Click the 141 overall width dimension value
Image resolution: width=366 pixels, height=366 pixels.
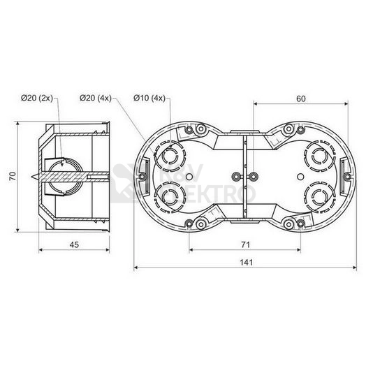247,263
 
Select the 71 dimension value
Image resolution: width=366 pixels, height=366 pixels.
246,244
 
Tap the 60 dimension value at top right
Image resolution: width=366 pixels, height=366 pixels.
301,98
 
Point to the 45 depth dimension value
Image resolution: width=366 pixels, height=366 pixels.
74,244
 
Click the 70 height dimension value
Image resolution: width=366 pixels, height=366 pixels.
13,176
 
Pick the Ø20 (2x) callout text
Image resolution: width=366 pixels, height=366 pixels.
37,98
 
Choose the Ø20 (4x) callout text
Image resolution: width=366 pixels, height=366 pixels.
96,98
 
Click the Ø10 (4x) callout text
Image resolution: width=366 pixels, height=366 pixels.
149,98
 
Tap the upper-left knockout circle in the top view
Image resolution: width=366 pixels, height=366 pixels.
170,156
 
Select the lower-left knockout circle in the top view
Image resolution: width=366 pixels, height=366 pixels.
170,196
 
